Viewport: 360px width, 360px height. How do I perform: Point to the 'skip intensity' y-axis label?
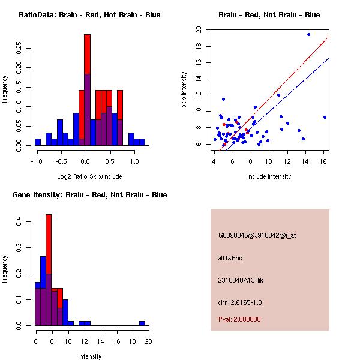185,90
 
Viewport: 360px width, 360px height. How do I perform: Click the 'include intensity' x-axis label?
270,176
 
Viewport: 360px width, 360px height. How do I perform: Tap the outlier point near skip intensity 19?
308,35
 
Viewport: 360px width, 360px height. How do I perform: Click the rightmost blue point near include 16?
325,117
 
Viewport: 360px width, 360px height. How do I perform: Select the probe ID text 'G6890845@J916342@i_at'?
257,235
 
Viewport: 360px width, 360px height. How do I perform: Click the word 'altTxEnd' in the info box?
230,258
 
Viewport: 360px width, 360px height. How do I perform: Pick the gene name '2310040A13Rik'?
239,280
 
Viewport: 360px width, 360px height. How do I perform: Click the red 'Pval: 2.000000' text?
239,319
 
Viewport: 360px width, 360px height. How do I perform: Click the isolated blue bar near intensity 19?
142,323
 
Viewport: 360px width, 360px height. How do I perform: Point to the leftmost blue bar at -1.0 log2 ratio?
38,142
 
